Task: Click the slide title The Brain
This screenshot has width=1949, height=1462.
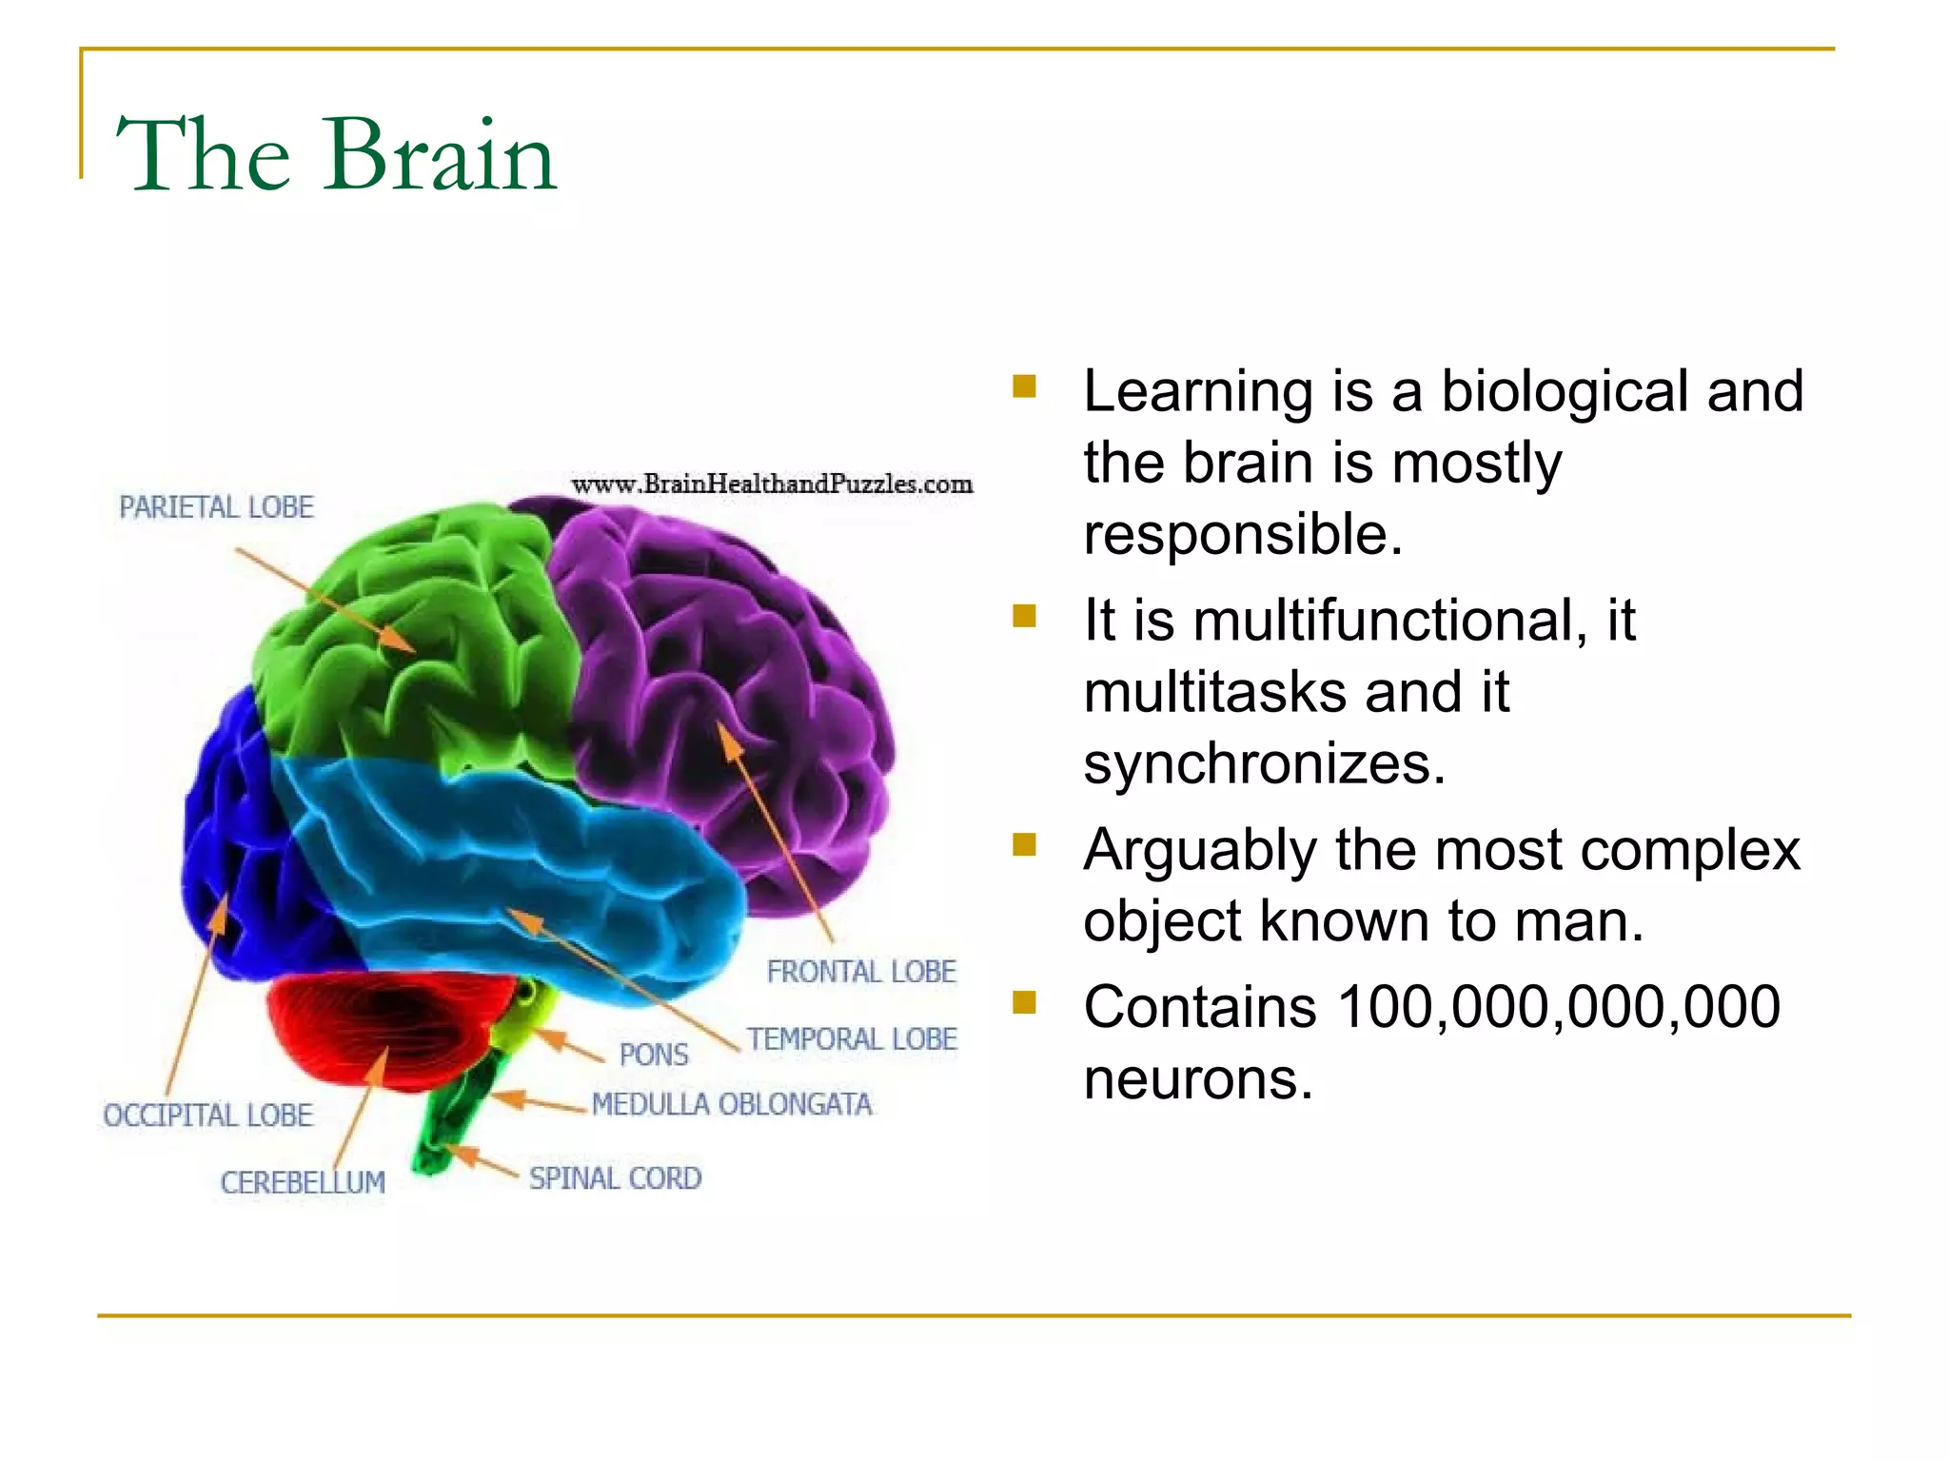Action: coord(335,154)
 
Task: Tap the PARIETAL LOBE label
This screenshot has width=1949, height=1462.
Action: coord(216,507)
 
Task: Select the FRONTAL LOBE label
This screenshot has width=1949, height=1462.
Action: coord(861,972)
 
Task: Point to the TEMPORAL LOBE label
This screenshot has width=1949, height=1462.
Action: coord(852,1038)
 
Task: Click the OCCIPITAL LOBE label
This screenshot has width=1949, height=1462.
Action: coord(208,1115)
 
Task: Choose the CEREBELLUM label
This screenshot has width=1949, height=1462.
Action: coord(303,1182)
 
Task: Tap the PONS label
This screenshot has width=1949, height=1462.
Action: coord(654,1055)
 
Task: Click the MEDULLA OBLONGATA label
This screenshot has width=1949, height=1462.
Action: coord(732,1104)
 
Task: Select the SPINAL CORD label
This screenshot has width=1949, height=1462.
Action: coord(616,1178)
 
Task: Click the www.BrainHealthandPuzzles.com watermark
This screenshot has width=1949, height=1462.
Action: coord(772,484)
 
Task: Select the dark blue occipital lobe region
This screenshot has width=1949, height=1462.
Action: coord(238,838)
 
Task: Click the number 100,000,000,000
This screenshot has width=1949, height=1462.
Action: coord(1558,1007)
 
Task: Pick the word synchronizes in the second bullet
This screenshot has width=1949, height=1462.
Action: coord(1264,763)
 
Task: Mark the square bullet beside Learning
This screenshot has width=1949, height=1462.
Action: coord(1024,385)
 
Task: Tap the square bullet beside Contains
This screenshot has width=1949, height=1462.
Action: coord(1024,1001)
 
